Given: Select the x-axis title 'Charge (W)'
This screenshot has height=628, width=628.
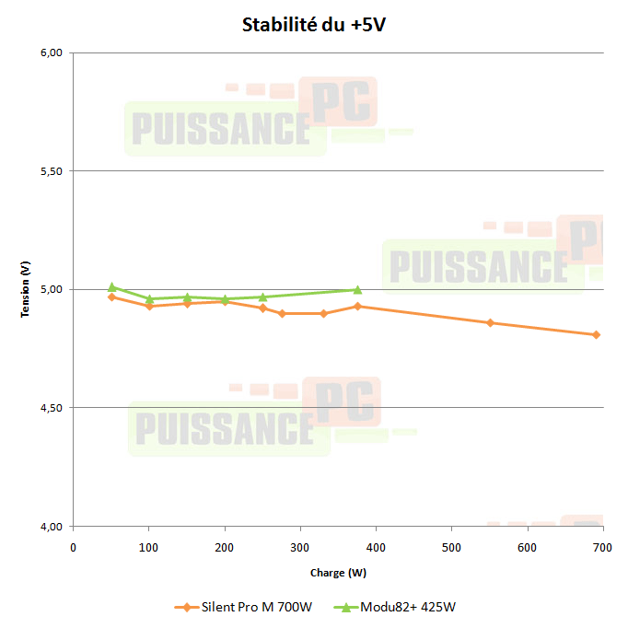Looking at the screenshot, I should coord(338,573).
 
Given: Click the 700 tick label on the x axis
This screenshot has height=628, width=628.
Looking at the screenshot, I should coord(602,547).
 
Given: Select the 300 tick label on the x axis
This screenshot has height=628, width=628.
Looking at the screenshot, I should coord(300,547).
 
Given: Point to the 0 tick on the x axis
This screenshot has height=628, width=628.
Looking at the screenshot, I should coord(74,547).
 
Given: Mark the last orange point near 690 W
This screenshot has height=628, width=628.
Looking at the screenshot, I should coord(596,334).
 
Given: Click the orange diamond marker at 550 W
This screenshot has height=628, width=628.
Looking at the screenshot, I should coord(490,322).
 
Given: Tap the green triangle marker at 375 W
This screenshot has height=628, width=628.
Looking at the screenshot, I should coord(357,289).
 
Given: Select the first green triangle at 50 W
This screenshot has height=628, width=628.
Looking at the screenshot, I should coord(111,286).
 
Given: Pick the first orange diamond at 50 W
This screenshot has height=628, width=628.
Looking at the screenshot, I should coord(111,297).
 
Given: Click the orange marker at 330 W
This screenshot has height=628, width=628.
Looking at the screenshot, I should coord(323,313).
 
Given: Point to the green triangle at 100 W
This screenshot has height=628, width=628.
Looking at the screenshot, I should coord(149,298).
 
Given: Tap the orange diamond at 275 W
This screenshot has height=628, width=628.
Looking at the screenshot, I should coord(282,313).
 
